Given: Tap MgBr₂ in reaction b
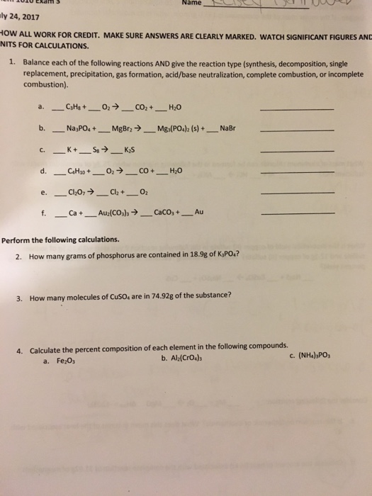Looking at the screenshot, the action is click(x=121, y=129).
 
